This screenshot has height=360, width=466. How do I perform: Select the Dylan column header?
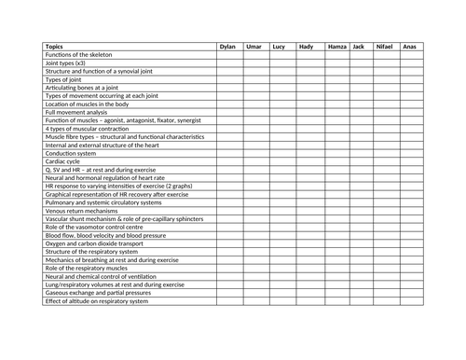[x=227, y=46]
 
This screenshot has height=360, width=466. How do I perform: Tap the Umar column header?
[x=254, y=46]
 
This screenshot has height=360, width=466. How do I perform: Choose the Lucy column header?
[x=279, y=46]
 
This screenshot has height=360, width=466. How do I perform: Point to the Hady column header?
[x=306, y=46]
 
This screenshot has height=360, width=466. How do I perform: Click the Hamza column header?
[x=336, y=46]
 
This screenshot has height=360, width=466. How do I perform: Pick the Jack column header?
[x=359, y=46]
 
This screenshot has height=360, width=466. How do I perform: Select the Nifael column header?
[x=384, y=46]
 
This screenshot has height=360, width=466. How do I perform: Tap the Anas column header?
[x=409, y=46]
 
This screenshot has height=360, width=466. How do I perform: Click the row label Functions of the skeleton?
[x=78, y=55]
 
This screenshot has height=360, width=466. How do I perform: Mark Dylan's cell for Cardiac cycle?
[x=229, y=161]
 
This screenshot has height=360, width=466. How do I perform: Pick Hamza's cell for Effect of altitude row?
[x=337, y=301]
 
